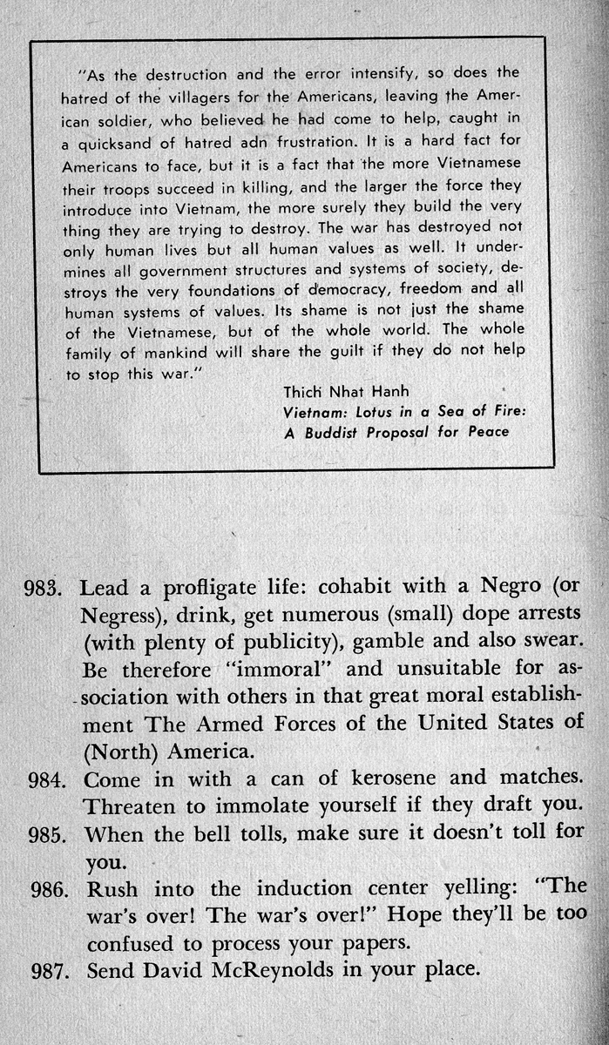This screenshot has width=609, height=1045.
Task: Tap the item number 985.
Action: point(51,833)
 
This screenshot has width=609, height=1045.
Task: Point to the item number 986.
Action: point(51,890)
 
